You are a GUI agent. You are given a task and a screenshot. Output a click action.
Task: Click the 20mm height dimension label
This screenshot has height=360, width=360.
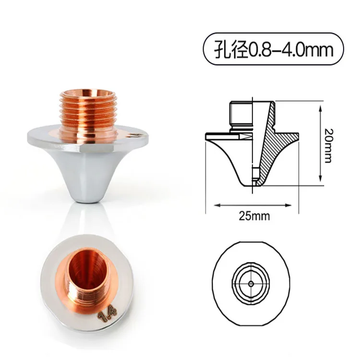click(x=328, y=145)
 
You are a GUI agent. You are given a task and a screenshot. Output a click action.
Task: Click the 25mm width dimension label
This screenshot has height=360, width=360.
click(x=254, y=216)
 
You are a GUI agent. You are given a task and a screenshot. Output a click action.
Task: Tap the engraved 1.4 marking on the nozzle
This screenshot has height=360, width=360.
click(x=108, y=314)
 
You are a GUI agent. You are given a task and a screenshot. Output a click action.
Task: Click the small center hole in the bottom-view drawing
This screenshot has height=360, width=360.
click(x=251, y=284)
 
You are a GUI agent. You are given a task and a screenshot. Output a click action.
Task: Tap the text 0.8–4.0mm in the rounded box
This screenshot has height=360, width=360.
click(x=291, y=49)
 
